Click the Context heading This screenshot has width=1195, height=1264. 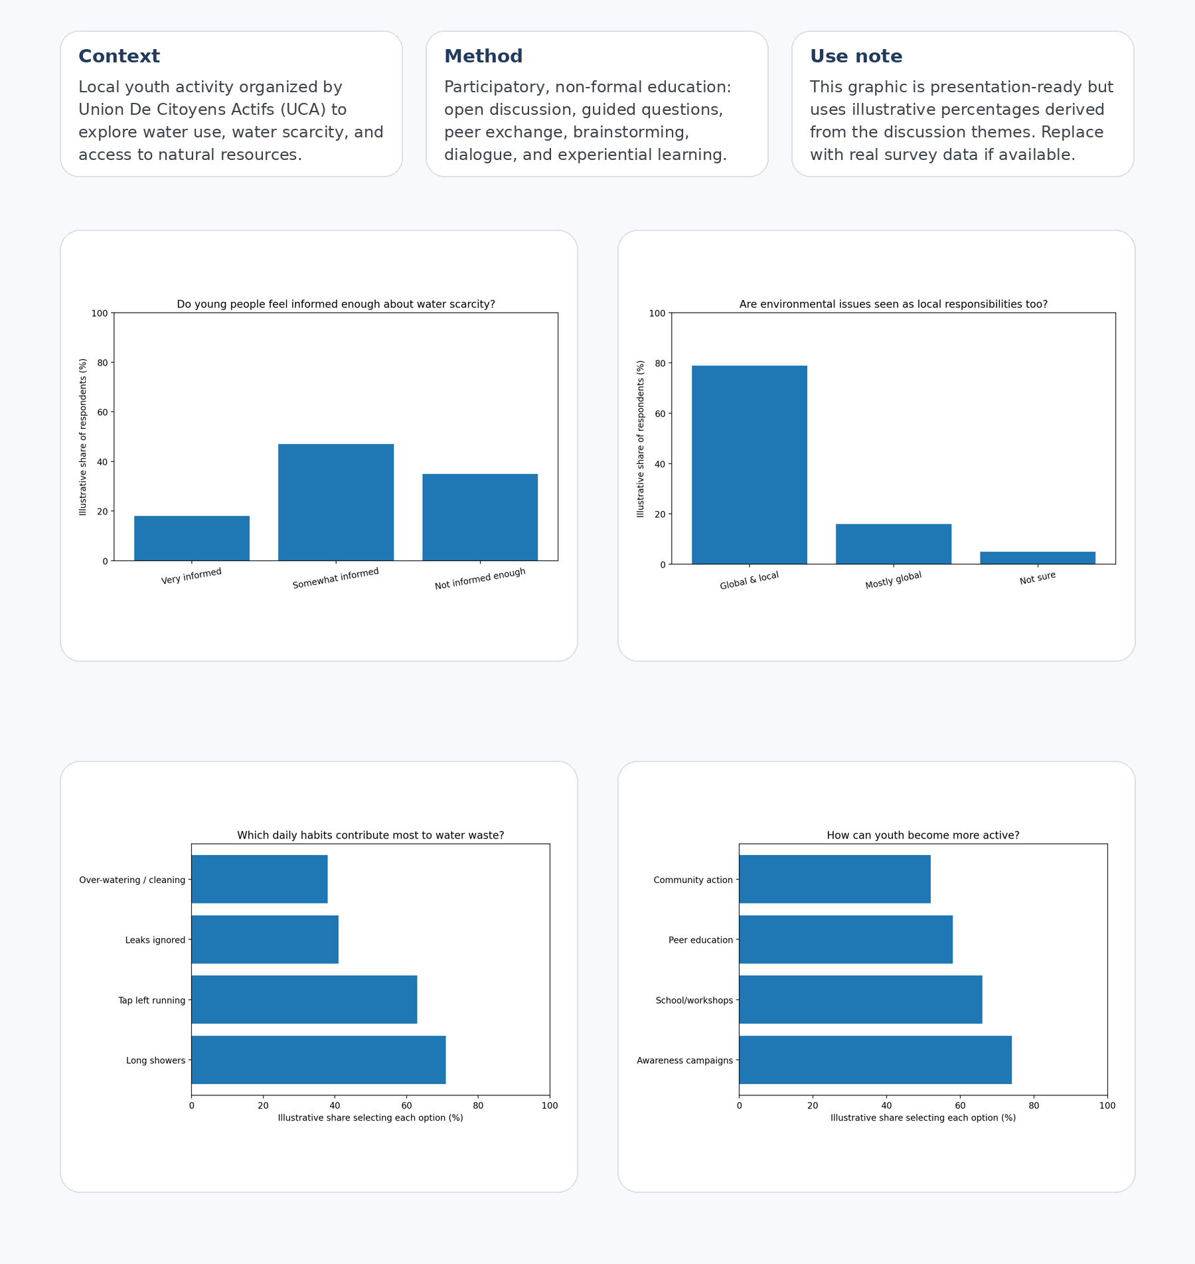119,56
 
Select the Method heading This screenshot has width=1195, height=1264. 483,56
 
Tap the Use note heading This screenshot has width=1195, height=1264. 856,56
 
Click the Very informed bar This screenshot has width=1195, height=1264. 192,538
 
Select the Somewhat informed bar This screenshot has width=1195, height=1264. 336,503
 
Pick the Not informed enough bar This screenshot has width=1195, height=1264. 480,517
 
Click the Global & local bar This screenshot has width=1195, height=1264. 750,465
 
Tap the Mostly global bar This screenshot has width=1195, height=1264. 894,544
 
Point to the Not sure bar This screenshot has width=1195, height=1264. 1038,558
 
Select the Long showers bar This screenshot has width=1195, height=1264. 319,1060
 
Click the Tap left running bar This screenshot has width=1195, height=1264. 304,1000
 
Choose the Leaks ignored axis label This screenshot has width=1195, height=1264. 155,940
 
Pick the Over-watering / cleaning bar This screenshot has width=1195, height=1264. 260,879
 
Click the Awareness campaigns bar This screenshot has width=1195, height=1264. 875,1060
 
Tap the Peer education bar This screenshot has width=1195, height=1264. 846,939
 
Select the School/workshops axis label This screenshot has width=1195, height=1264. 694,1000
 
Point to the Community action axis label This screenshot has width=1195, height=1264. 693,880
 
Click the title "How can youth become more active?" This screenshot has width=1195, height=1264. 923,835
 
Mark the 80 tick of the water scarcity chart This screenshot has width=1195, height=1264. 102,362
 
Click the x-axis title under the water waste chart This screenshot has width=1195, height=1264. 370,1118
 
